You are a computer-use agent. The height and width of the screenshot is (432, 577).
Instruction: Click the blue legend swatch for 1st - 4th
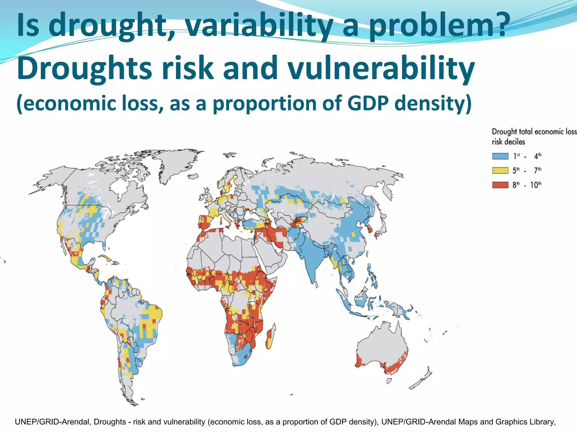(x=500, y=156)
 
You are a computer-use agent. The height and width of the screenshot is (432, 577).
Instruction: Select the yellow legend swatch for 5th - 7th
(x=500, y=170)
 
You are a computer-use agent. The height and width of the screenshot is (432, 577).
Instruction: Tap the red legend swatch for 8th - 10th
(x=500, y=185)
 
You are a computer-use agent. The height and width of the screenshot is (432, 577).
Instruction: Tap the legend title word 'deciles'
(x=514, y=142)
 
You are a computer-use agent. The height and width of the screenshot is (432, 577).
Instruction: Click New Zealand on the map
(x=421, y=378)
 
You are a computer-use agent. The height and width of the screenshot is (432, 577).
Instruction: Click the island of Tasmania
(x=389, y=381)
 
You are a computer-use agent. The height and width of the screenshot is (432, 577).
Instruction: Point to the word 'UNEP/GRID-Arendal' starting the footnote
(x=53, y=422)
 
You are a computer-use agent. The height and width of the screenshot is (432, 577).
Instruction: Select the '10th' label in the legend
(x=536, y=185)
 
